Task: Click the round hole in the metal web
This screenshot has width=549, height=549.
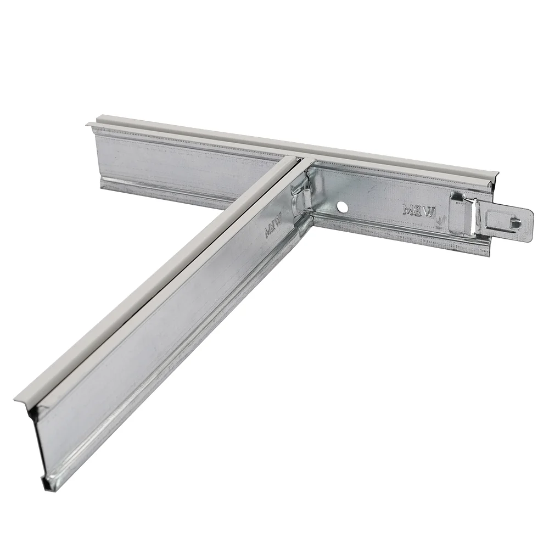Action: [343, 207]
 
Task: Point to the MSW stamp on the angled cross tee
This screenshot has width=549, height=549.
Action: [273, 227]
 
